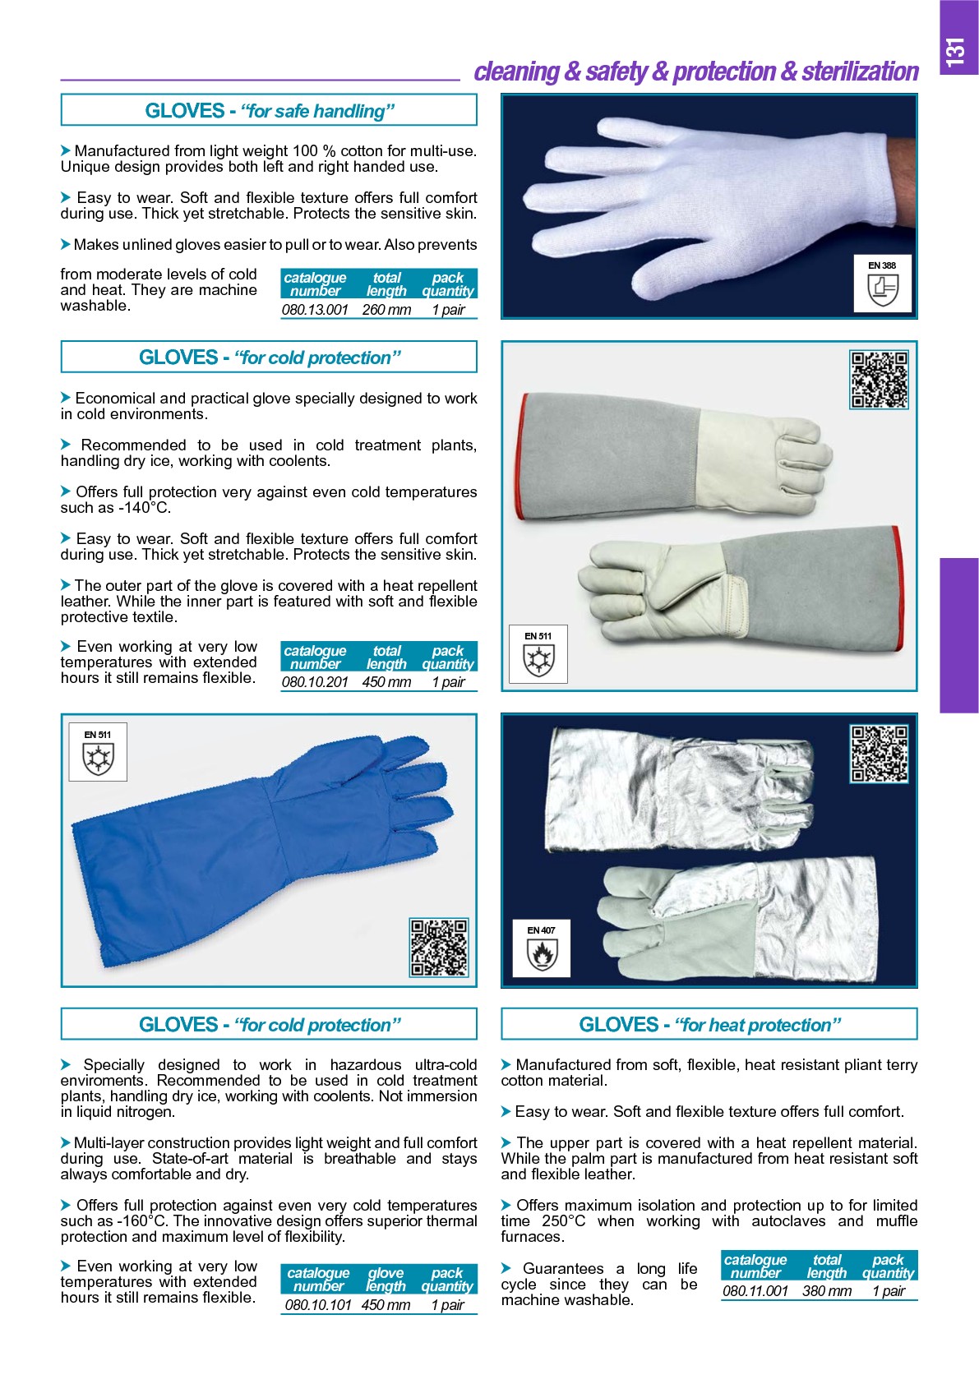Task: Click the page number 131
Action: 955,53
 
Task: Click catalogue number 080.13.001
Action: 315,310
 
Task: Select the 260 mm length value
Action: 386,310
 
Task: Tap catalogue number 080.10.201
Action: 315,682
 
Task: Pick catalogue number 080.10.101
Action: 317,1305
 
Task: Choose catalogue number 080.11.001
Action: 755,1290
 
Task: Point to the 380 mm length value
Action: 827,1290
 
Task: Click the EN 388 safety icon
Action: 883,284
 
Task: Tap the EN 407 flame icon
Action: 542,948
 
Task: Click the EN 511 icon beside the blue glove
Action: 98,752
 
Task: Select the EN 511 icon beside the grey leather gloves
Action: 538,653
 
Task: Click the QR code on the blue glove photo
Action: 439,947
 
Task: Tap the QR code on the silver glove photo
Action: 879,754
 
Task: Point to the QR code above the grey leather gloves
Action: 879,380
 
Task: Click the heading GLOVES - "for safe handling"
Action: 270,111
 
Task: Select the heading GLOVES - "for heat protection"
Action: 709,1024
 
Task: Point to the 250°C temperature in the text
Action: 563,1221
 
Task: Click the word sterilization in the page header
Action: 860,72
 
